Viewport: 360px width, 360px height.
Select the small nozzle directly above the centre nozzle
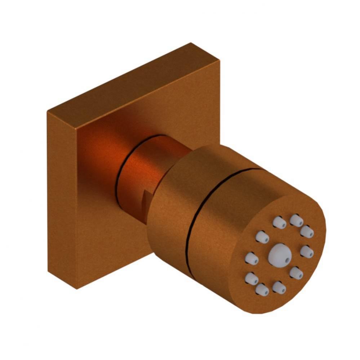tap(279, 223)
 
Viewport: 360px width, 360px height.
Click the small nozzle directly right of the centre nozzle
tap(306, 251)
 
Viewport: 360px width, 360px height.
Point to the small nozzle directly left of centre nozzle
tap(251, 258)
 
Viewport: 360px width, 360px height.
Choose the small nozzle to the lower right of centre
tap(296, 273)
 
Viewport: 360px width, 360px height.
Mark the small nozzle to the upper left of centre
tap(262, 237)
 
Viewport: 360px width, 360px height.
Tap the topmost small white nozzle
tap(296, 220)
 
